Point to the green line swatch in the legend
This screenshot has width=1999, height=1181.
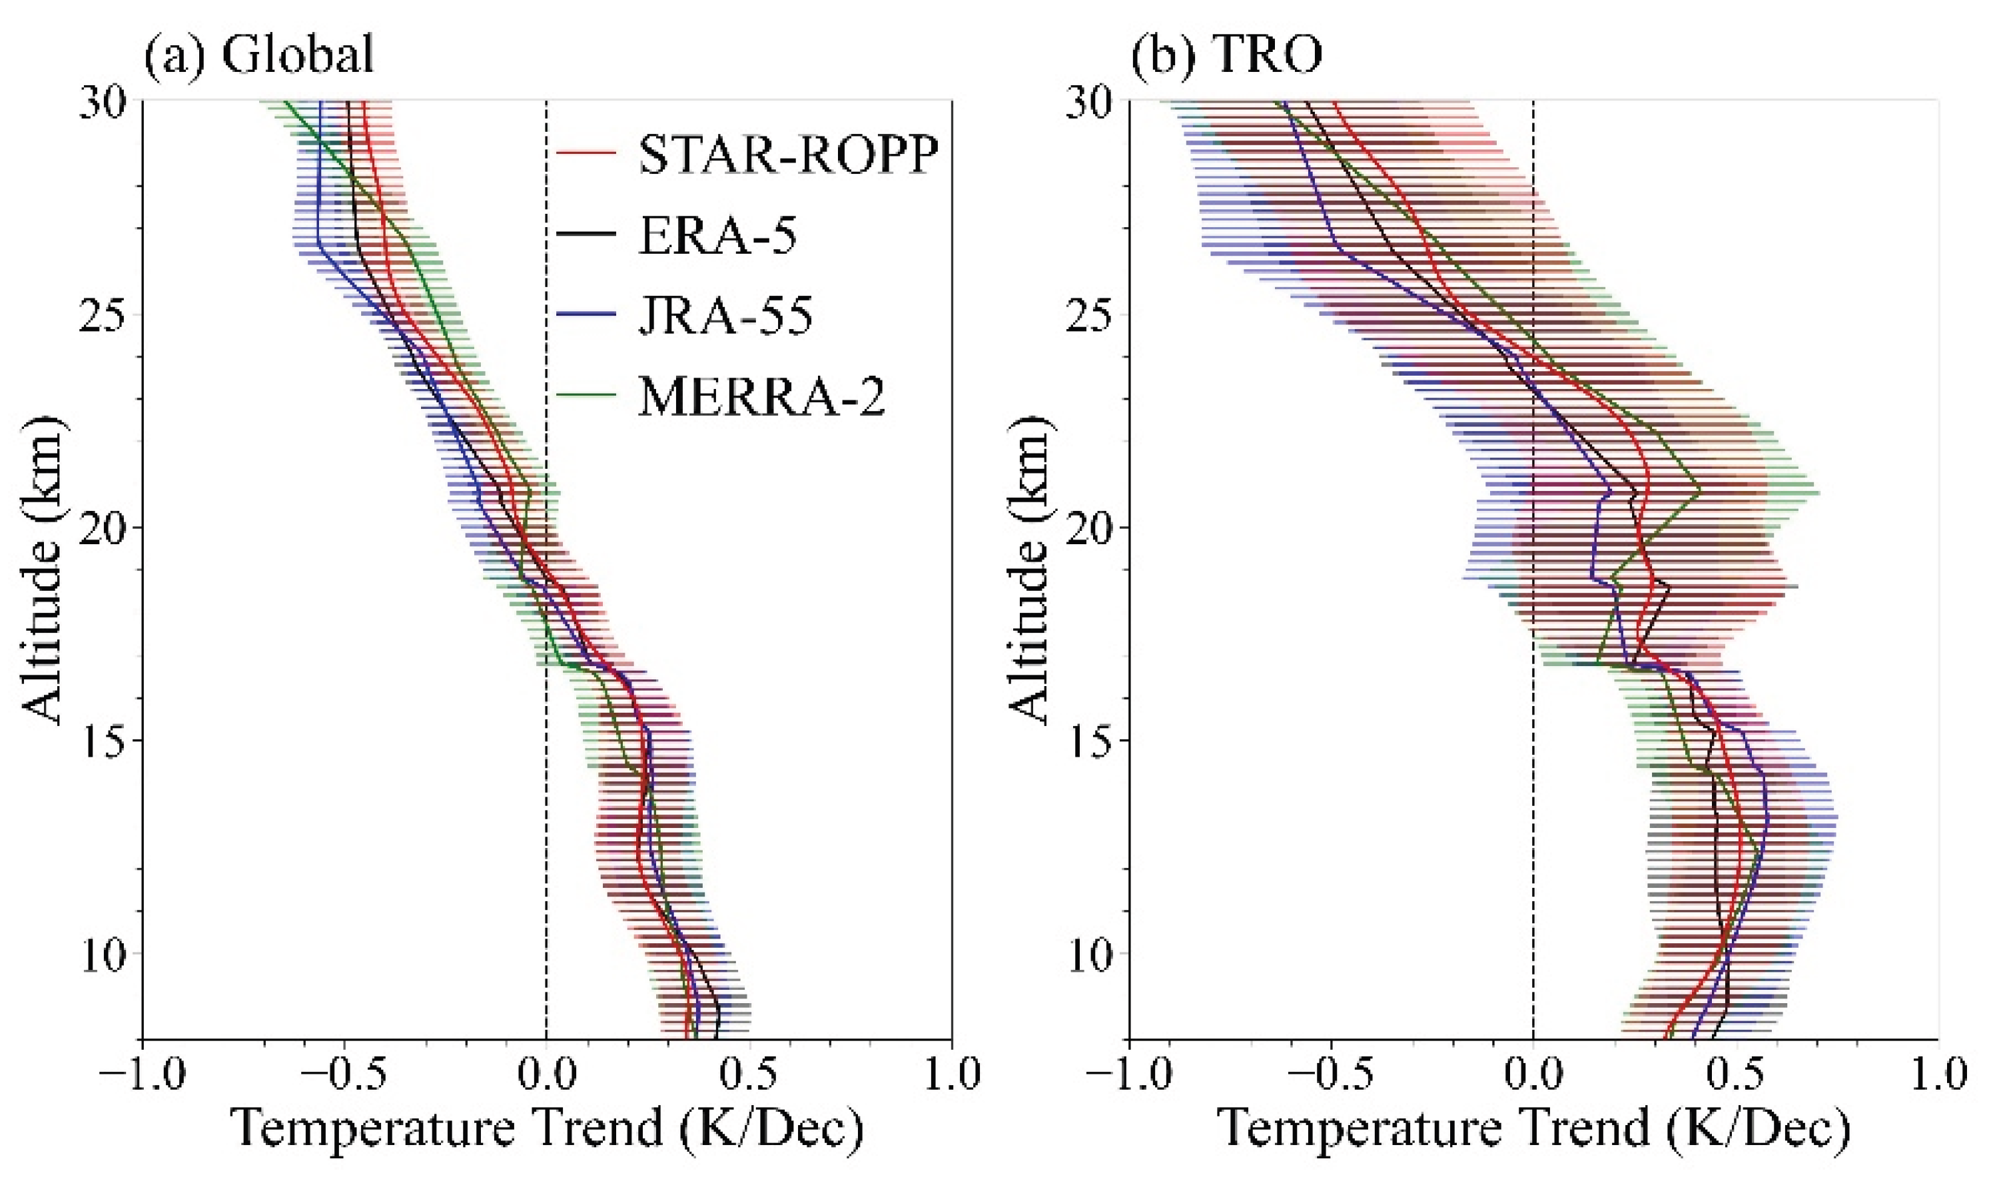[x=586, y=393]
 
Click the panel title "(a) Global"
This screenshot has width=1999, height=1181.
[x=258, y=57]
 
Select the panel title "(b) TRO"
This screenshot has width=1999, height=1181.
[x=1227, y=57]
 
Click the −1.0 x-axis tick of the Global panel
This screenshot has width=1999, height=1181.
[x=143, y=1075]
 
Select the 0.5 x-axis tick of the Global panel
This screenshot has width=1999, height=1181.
[x=749, y=1075]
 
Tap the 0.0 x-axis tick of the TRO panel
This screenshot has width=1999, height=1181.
[x=1534, y=1075]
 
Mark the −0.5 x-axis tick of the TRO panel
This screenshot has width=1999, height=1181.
[x=1332, y=1075]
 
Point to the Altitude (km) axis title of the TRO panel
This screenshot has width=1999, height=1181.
[x=1033, y=569]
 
